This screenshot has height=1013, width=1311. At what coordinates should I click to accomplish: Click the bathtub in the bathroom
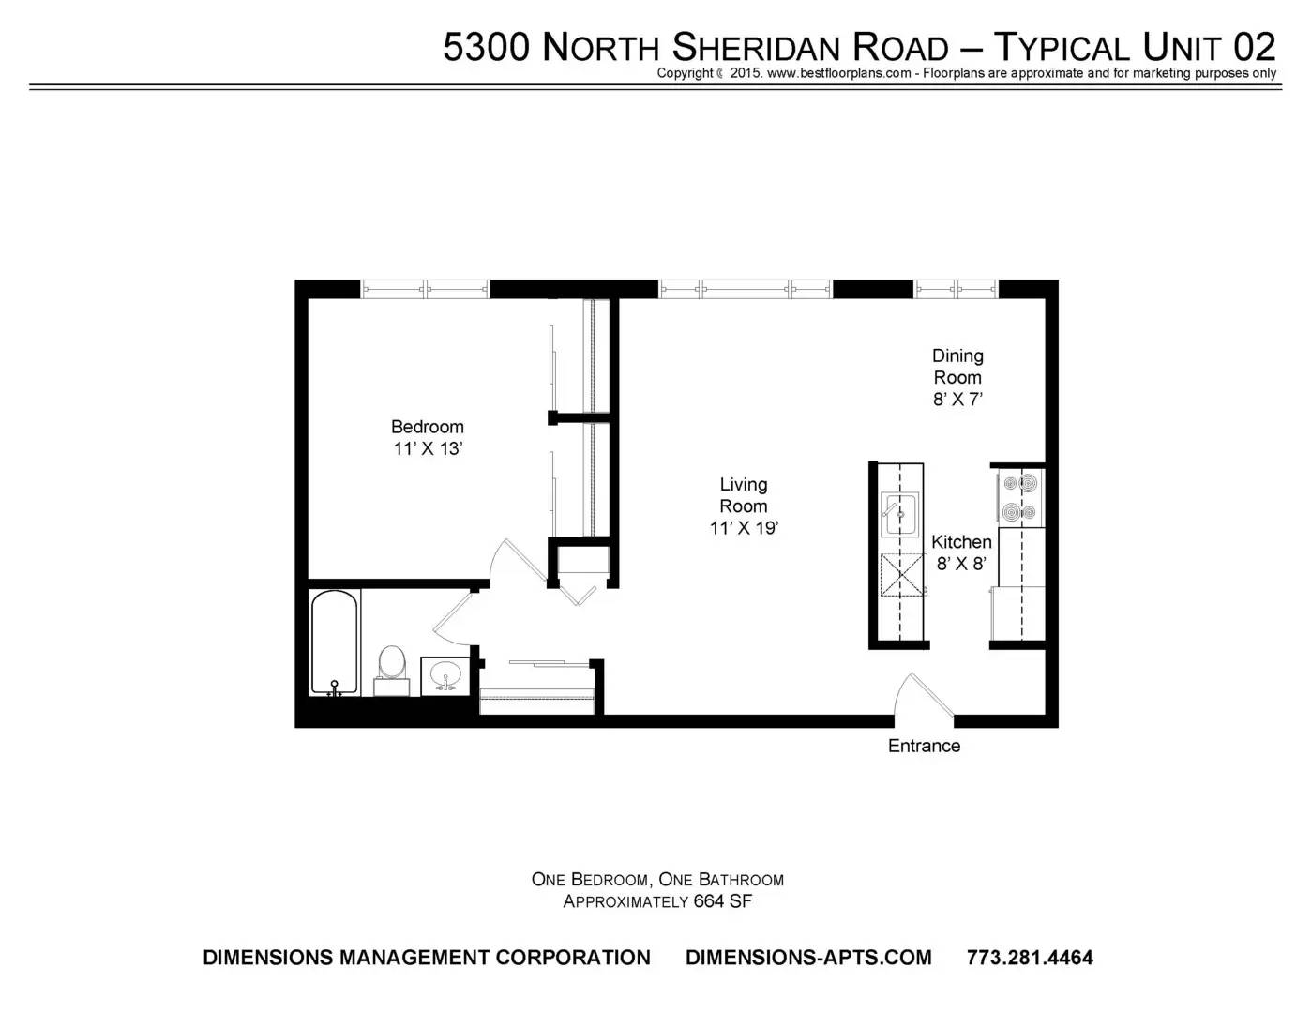point(335,643)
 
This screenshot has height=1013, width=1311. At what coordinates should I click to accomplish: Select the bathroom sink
point(445,674)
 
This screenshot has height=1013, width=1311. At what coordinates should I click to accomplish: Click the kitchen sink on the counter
point(899,514)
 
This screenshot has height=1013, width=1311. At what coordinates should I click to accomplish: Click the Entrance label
point(924,746)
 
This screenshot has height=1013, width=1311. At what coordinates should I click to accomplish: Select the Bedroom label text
point(427,427)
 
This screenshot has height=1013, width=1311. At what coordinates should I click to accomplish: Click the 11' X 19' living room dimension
point(744,528)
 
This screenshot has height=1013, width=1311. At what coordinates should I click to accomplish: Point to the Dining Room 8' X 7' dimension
point(957,399)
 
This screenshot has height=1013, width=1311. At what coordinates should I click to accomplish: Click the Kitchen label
point(961,542)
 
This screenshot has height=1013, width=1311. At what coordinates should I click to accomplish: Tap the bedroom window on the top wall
point(425,289)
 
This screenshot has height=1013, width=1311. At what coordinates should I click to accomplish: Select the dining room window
point(956,289)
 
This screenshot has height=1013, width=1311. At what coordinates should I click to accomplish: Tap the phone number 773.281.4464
point(1030,958)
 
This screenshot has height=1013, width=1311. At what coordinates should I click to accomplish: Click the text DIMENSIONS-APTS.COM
point(808,958)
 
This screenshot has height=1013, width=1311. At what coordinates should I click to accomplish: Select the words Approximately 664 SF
point(657,901)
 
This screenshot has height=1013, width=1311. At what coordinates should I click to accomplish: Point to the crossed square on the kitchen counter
point(901,575)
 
